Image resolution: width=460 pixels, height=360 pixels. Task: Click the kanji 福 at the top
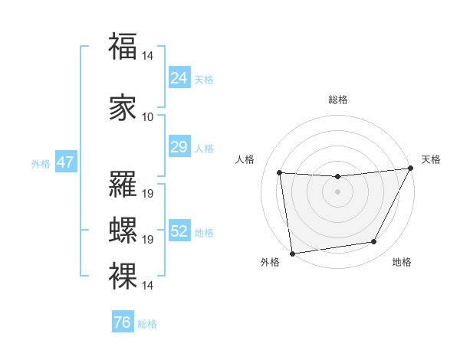123,46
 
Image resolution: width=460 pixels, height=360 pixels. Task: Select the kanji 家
123,107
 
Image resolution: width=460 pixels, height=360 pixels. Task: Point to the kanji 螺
123,231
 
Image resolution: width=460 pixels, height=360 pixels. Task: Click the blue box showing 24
179,77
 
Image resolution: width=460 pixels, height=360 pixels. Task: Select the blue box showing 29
179,146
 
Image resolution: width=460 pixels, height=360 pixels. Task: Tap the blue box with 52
179,231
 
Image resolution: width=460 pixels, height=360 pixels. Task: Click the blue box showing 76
122,322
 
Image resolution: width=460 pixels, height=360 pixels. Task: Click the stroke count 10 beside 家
148,116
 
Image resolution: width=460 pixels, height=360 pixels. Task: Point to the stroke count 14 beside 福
148,55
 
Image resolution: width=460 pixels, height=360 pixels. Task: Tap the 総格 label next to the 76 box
147,324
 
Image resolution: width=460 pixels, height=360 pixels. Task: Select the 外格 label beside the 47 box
40,163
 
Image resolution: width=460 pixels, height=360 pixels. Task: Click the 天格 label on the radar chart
431,159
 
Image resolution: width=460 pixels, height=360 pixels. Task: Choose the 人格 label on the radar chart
245,159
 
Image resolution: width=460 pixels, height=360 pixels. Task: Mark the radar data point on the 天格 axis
410,169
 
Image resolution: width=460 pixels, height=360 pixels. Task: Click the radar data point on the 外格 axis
292,253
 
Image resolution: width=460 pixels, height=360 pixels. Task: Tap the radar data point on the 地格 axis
374,242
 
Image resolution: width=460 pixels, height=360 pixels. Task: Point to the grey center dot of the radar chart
337,191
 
